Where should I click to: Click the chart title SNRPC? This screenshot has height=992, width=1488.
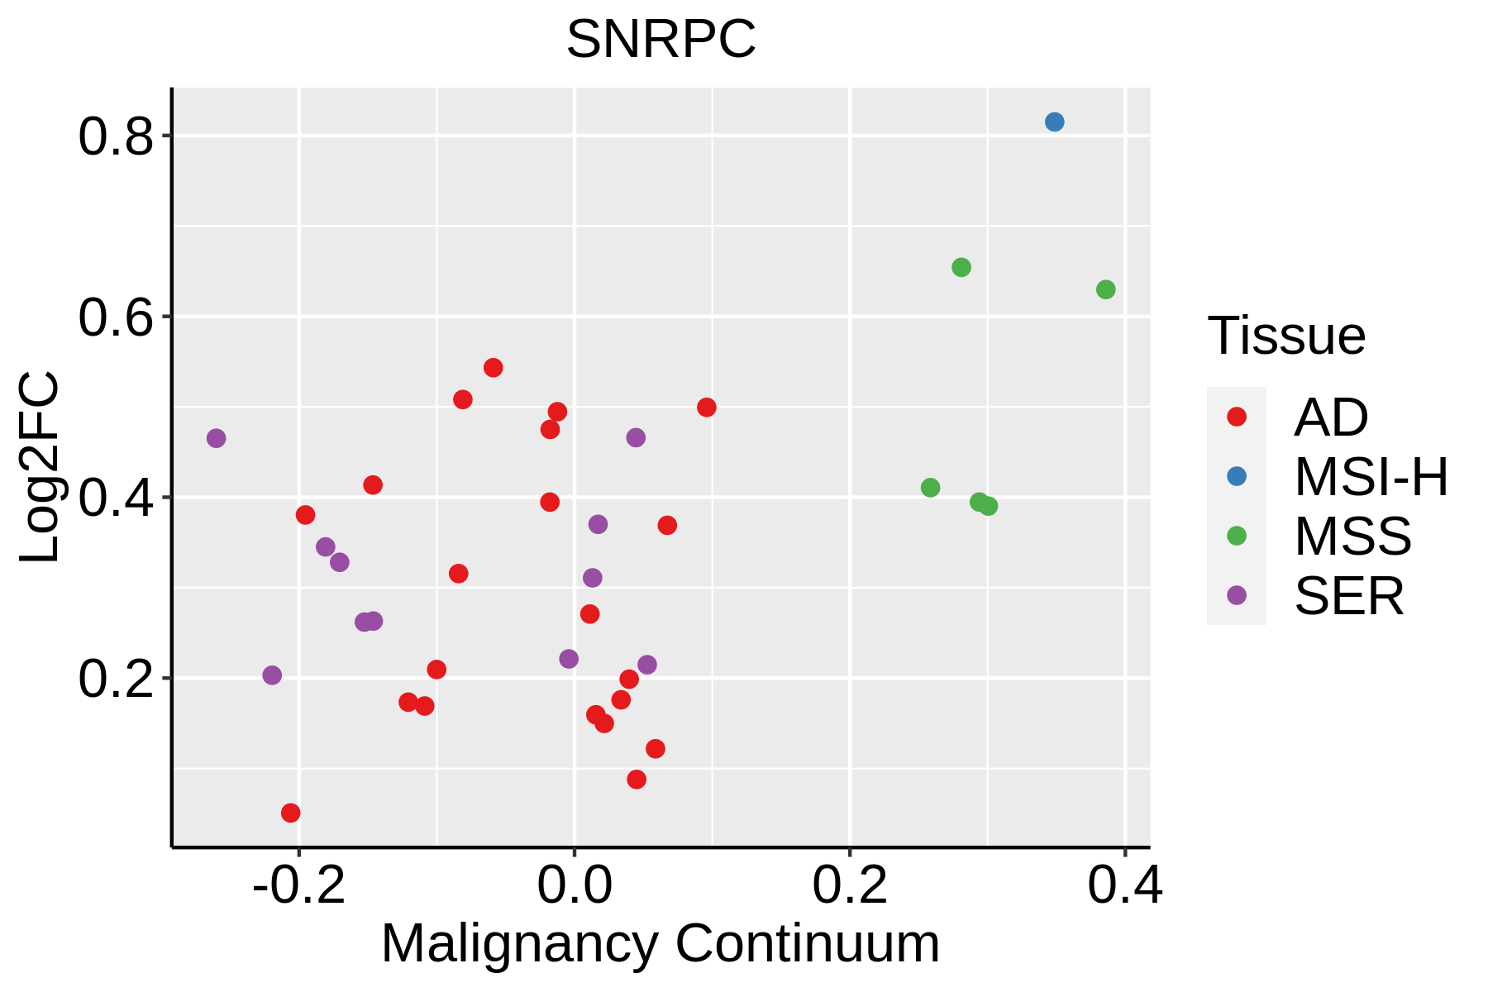pos(661,39)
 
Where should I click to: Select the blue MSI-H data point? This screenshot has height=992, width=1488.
pos(1054,122)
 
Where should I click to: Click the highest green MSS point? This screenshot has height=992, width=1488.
pos(961,268)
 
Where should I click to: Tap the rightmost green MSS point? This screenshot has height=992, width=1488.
pos(1105,290)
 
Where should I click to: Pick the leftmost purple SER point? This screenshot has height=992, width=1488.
pos(216,438)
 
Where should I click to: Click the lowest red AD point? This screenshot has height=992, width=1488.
pos(290,813)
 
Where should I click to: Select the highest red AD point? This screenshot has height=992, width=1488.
pos(494,368)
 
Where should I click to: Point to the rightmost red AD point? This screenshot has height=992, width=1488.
pos(706,408)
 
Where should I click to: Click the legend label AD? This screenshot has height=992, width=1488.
pos(1331,417)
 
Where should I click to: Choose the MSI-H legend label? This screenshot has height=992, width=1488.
pos(1371,477)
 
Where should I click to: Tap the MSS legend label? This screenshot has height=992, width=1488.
pos(1352,537)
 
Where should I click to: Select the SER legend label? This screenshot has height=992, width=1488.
pos(1349,596)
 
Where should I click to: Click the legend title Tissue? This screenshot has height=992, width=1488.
pos(1286,336)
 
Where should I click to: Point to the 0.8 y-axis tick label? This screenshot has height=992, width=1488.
pos(117,136)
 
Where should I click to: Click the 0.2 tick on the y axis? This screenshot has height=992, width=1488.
pos(117,679)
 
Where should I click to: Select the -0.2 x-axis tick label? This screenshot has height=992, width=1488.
pos(298,885)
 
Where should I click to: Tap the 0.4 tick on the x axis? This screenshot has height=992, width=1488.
pos(1124,885)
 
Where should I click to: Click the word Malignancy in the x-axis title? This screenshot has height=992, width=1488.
pos(520,943)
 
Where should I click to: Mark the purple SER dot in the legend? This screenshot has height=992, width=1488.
pos(1237,595)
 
